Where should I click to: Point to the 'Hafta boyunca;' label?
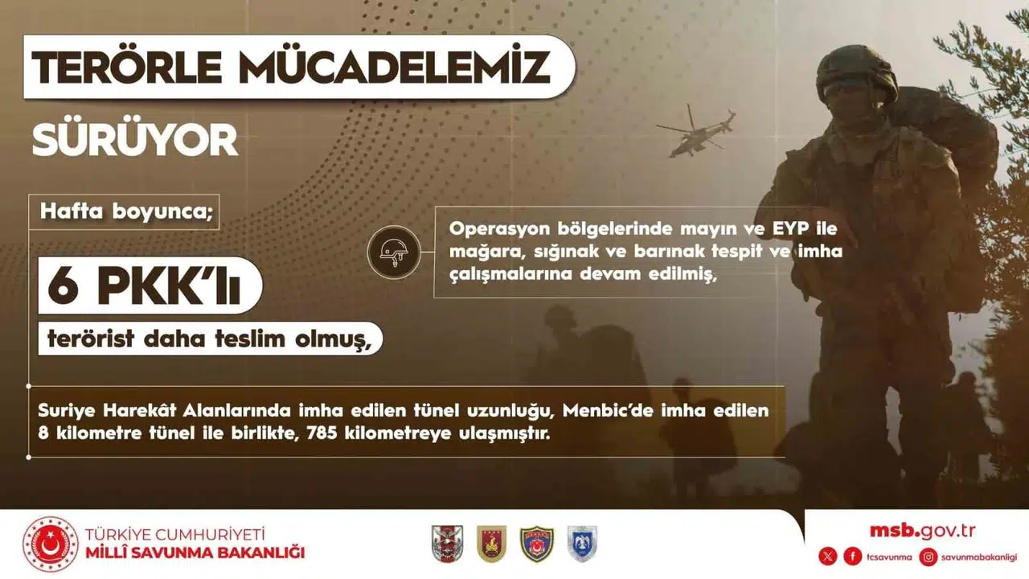coord(125,212)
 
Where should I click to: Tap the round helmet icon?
coord(393,252)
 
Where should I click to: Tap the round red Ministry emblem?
coord(51,544)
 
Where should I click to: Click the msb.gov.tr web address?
coord(922,530)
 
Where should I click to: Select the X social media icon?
coord(827,556)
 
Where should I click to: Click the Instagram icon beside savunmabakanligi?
coord(929,556)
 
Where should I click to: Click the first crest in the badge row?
coord(447,544)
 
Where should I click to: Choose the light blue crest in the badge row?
coord(582,544)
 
